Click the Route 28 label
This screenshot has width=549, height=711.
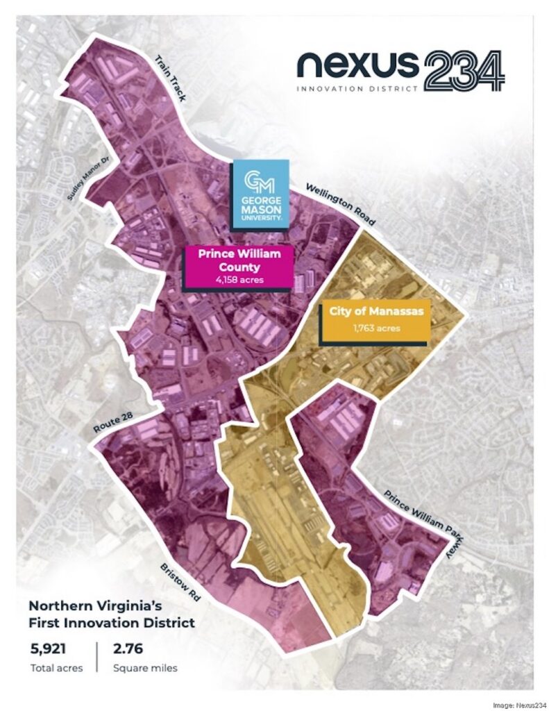pyautogui.click(x=112, y=424)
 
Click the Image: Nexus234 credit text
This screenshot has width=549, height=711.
pyautogui.click(x=518, y=705)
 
